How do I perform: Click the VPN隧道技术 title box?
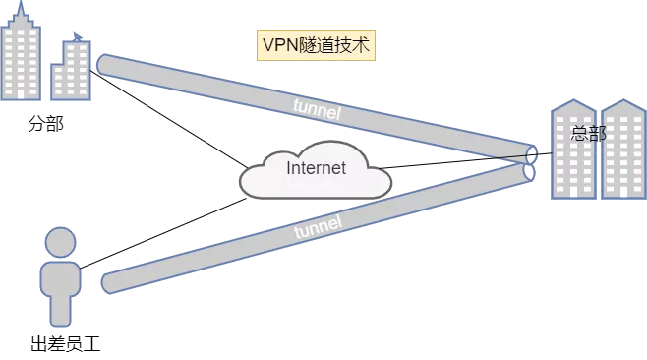coord(316,45)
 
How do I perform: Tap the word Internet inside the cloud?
coord(316,168)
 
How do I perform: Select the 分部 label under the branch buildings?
coord(46,124)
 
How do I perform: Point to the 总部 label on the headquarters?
coord(588,133)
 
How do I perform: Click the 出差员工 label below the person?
coord(66,344)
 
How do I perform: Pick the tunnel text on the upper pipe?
coord(318,109)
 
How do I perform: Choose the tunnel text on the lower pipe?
coord(319,226)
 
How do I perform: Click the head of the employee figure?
coord(60,242)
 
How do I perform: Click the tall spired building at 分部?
coord(21,54)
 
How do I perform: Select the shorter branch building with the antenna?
coord(71,68)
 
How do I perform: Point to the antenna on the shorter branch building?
coord(78,36)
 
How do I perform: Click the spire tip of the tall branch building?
coord(21,1)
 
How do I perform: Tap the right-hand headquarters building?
coord(623,150)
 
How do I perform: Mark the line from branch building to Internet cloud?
coord(169,120)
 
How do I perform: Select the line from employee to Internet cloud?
coord(163,233)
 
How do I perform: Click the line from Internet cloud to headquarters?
coord(466,160)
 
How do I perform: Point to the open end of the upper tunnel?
coord(531,154)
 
